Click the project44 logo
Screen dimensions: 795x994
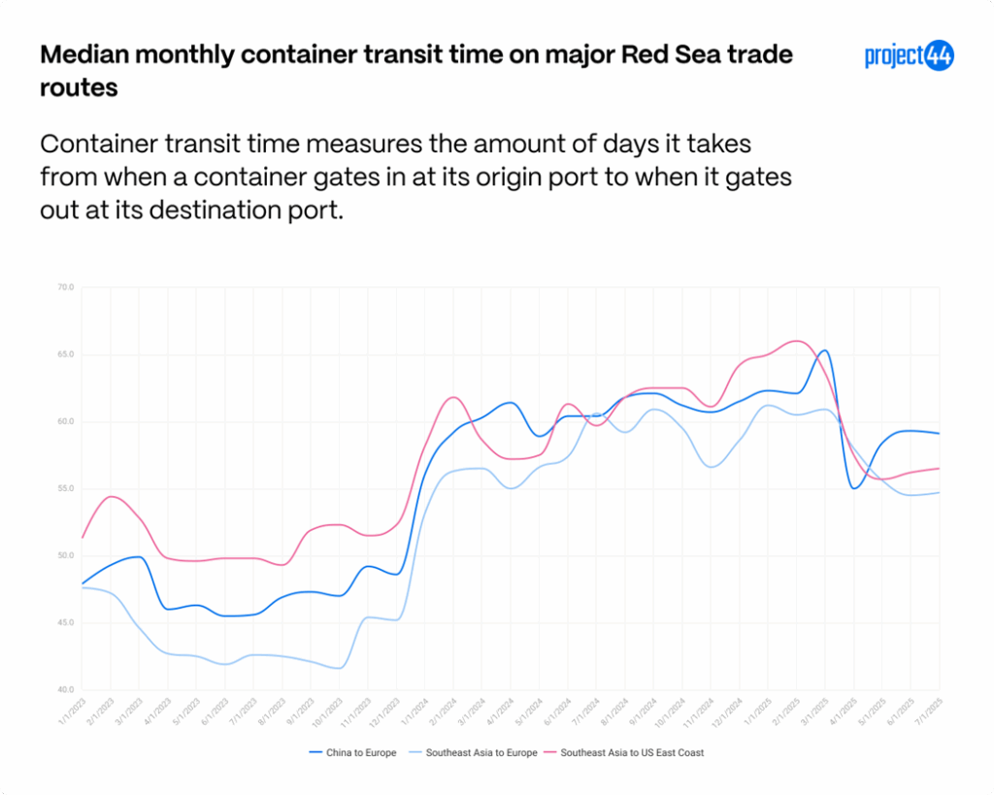click(909, 55)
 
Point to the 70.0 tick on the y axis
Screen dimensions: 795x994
click(66, 288)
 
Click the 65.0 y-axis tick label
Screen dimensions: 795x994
click(66, 355)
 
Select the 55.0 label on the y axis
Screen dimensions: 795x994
click(66, 489)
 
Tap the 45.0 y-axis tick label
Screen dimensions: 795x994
click(66, 623)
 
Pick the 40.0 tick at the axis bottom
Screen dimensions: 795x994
click(66, 690)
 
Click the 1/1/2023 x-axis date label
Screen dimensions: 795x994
click(70, 712)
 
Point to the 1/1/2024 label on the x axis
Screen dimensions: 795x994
click(413, 712)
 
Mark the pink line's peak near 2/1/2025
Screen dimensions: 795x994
click(797, 341)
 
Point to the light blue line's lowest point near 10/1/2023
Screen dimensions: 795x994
click(339, 668)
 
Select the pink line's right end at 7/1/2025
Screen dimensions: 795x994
click(939, 469)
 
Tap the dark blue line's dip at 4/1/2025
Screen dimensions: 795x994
click(854, 488)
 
